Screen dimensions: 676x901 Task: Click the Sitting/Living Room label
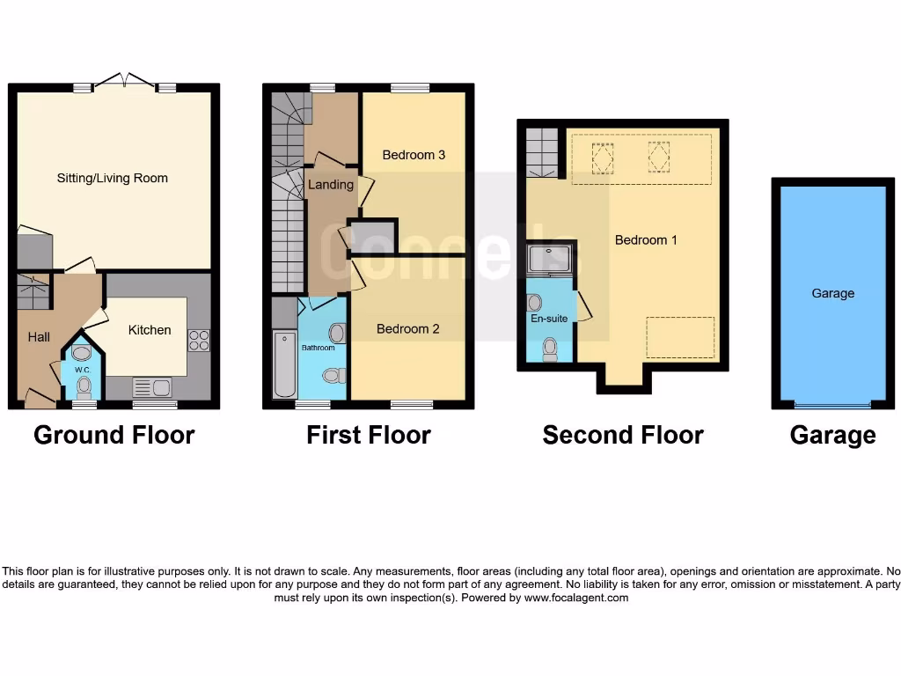click(112, 178)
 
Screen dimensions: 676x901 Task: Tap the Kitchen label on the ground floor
click(150, 329)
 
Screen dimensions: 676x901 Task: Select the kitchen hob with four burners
click(198, 340)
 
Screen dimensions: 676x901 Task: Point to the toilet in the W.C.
click(84, 385)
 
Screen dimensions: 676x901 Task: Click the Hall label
click(39, 336)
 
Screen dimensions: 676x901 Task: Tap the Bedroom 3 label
click(414, 155)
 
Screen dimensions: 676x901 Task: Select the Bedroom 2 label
click(407, 328)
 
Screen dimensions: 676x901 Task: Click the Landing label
click(330, 184)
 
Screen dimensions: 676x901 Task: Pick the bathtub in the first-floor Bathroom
click(284, 364)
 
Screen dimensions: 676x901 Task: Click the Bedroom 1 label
click(646, 239)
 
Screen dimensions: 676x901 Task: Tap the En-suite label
click(548, 319)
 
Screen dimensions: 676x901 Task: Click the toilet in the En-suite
click(550, 349)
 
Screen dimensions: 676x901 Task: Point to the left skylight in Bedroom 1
click(603, 158)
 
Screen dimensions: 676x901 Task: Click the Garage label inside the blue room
click(832, 293)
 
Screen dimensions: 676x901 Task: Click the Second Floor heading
click(622, 435)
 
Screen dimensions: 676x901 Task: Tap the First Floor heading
click(368, 435)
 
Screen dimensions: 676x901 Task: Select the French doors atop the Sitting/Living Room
click(124, 82)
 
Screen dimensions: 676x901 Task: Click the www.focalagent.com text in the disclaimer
click(575, 598)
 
